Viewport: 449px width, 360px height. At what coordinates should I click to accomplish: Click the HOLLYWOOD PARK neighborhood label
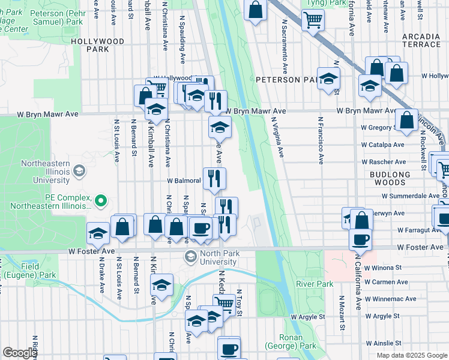point(97,46)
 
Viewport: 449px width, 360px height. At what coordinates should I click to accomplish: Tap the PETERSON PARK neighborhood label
point(285,79)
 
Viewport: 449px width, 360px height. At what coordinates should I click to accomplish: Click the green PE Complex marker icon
point(101,200)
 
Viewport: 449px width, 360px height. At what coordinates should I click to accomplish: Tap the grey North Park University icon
point(191,257)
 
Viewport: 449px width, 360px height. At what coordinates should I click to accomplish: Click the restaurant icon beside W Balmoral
point(214,178)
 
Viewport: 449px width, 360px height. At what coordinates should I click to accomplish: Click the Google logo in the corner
point(19,353)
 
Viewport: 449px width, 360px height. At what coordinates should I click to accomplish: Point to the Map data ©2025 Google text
point(411,355)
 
